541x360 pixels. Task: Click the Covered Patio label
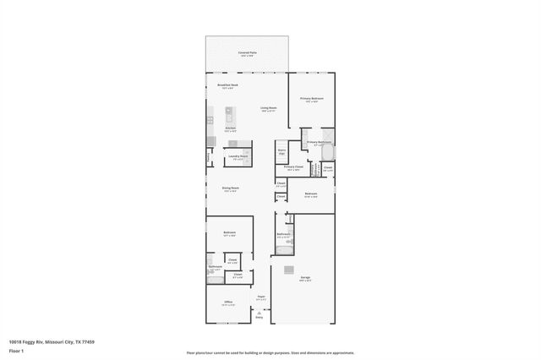[248, 52]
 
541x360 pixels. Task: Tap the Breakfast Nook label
[227, 85]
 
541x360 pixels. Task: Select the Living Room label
[269, 108]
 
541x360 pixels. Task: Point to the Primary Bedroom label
[312, 99]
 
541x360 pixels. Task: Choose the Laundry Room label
[238, 156]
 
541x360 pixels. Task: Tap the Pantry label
[209, 157]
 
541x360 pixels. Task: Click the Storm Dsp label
[281, 152]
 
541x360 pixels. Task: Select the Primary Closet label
[293, 167]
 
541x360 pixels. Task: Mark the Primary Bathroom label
[318, 142]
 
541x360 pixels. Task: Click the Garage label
[304, 276]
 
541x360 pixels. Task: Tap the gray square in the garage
[289, 270]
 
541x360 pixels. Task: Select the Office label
[228, 303]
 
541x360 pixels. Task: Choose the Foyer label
[262, 297]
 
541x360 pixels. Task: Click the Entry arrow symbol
[260, 314]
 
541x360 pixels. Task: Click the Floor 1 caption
[15, 352]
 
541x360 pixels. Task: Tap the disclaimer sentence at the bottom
[270, 352]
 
